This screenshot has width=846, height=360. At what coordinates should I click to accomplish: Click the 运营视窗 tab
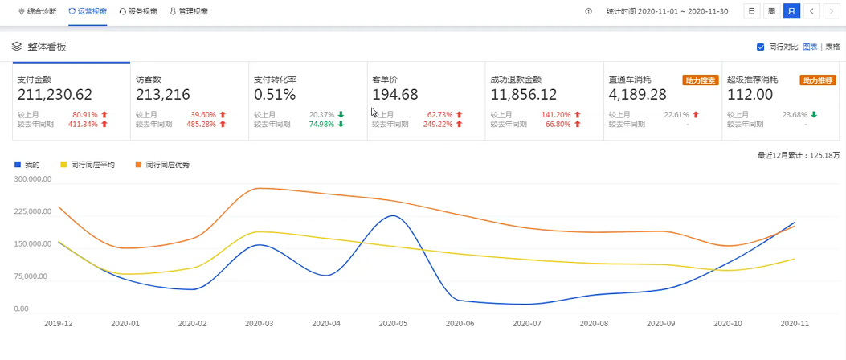88,11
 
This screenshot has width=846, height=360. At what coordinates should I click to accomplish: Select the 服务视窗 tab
138,11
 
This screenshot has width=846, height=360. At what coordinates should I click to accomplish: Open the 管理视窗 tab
189,11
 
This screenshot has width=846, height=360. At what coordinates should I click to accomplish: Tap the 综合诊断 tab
37,11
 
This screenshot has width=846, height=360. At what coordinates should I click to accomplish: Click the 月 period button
791,11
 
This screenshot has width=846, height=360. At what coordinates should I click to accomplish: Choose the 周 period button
771,11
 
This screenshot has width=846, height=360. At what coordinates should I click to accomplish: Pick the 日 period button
751,11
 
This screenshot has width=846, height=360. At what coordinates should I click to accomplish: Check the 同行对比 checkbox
760,47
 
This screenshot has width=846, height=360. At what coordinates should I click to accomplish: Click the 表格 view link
832,47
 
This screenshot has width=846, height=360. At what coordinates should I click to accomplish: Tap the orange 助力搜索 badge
701,80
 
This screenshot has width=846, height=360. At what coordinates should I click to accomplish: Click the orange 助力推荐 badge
818,80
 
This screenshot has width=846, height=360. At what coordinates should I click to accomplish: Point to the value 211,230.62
55,95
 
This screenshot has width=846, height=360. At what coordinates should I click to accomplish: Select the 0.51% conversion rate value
275,95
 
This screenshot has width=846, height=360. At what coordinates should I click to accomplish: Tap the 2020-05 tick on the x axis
392,324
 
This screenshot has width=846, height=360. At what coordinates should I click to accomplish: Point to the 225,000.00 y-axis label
34,211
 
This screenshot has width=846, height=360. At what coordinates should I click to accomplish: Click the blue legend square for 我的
17,165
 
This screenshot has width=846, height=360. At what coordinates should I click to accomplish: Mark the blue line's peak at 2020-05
394,216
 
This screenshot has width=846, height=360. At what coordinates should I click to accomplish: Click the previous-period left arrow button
811,11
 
